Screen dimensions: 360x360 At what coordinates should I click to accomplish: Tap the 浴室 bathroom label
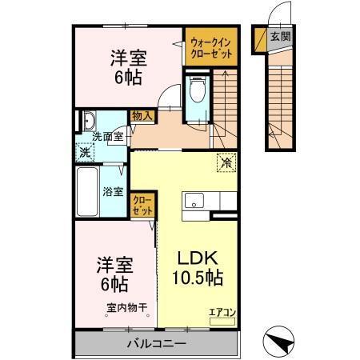point(114,191)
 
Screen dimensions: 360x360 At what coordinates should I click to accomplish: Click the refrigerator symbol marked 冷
point(226,160)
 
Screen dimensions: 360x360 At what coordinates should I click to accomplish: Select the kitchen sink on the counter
point(193,202)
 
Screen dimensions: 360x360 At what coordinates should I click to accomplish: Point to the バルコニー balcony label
point(156,344)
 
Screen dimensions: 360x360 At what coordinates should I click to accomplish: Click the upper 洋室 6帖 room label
point(127,65)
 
